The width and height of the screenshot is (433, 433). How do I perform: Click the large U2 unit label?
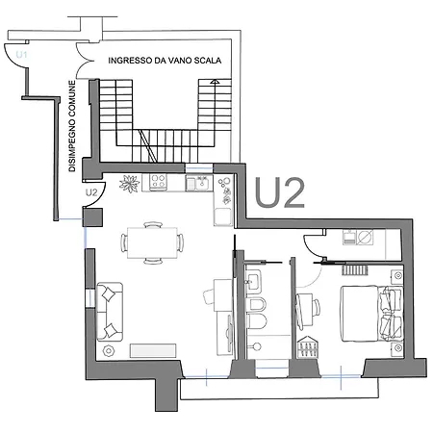(279, 192)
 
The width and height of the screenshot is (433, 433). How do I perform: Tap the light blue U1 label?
(21, 55)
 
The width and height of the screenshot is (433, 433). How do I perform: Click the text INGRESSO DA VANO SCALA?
(165, 61)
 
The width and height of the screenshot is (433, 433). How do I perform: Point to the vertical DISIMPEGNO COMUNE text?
(72, 126)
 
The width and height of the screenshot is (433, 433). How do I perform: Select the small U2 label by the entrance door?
(91, 192)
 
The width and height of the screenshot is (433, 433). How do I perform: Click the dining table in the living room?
(152, 242)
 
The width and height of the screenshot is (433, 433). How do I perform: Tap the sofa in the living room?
(110, 312)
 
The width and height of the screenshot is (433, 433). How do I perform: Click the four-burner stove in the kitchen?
(159, 181)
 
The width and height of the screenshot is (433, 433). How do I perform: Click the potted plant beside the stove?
(130, 184)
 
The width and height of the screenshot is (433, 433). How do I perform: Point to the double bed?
(371, 314)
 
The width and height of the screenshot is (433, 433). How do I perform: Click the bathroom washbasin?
(253, 282)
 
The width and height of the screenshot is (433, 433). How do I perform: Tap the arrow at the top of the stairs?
(215, 82)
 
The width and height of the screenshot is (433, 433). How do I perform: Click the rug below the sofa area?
(153, 350)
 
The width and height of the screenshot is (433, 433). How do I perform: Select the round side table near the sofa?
(109, 350)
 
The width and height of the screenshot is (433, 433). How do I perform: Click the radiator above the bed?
(354, 269)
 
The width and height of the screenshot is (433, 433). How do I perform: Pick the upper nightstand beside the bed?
(397, 275)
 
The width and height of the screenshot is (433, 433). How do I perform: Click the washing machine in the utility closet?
(366, 237)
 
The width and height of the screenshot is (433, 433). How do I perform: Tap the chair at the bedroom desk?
(316, 307)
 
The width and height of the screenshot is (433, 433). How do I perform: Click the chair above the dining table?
(153, 224)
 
